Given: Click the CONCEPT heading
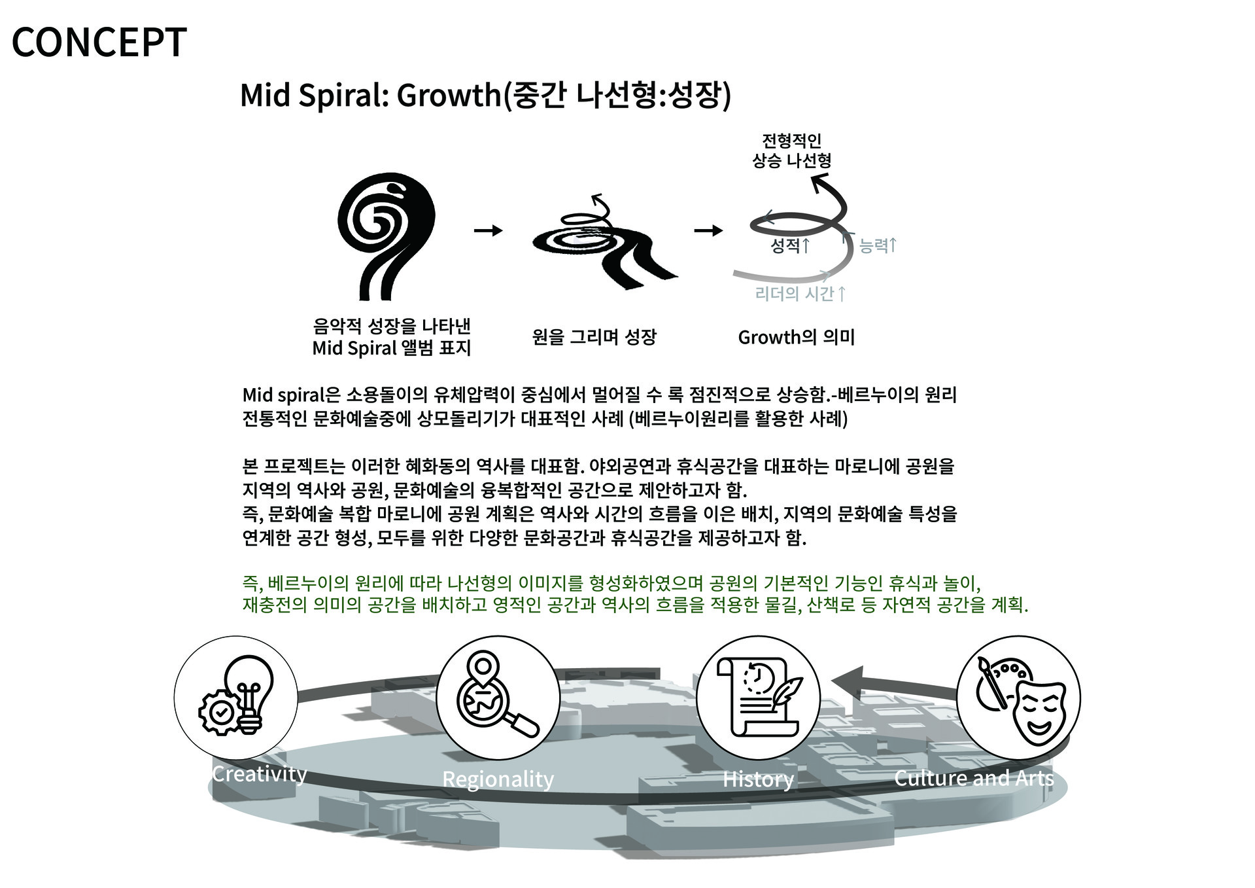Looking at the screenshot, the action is tap(99, 43).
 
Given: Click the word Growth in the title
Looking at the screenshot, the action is tap(448, 96).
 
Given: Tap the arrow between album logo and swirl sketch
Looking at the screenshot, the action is tap(488, 230).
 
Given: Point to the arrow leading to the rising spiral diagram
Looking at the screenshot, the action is tap(708, 230).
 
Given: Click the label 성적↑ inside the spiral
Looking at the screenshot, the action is tap(790, 245).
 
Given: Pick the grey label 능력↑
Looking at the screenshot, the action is tap(878, 245).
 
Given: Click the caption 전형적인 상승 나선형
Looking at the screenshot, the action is tap(791, 151).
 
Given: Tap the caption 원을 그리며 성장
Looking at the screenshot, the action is tap(594, 337).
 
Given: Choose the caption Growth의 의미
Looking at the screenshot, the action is tap(796, 337).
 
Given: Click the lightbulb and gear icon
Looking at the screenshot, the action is tap(235, 698).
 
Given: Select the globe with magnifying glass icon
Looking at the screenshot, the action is tap(498, 698).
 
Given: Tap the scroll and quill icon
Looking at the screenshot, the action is tap(758, 698).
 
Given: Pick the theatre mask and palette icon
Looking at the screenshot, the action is tap(1018, 698).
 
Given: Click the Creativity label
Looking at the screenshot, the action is tap(260, 773).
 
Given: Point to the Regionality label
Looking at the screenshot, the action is tap(498, 779).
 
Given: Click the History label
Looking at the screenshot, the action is tap(758, 779).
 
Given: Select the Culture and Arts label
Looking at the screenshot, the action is tap(974, 777).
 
